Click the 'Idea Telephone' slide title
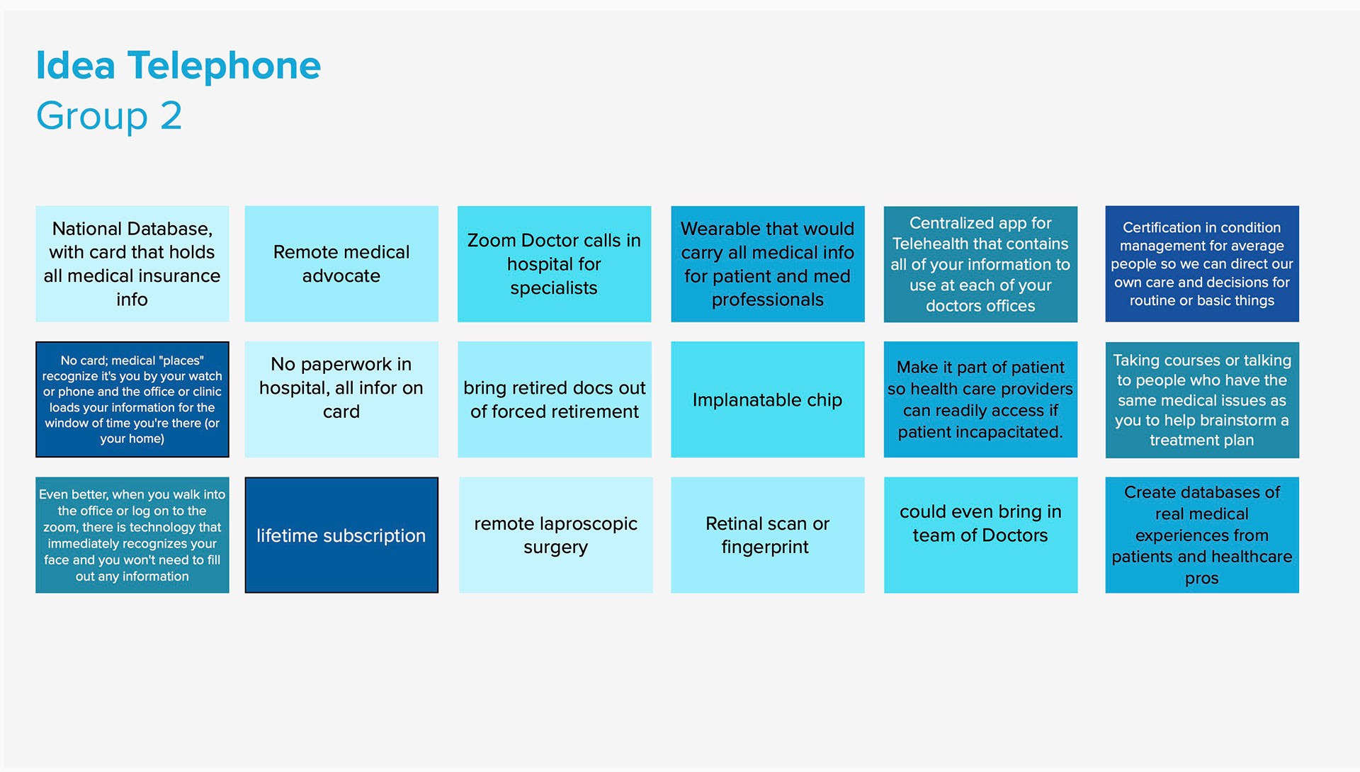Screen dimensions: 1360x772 tap(178, 66)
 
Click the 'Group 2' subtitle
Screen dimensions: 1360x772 tap(109, 116)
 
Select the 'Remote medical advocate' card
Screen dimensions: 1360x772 tap(341, 264)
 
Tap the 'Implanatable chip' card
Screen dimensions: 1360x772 tap(768, 399)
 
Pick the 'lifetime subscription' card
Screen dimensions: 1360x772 tap(341, 535)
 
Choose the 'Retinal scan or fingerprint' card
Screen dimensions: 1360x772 tap(768, 535)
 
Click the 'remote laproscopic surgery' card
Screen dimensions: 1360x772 tap(556, 535)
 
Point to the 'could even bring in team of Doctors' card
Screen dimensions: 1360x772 tap(981, 535)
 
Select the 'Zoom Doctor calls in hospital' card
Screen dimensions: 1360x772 tap(555, 264)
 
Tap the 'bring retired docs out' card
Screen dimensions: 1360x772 tap(555, 399)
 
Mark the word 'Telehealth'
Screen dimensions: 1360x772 tap(931, 244)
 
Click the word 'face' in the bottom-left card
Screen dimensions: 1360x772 tap(56, 560)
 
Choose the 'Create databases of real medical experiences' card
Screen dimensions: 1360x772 tap(1202, 535)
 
